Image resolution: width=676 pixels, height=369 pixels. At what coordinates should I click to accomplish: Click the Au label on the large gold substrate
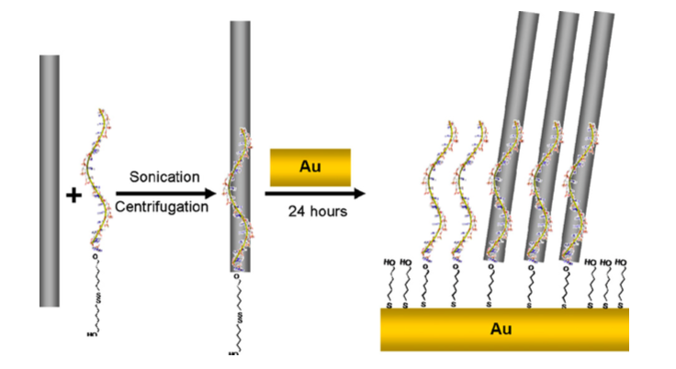(x=501, y=329)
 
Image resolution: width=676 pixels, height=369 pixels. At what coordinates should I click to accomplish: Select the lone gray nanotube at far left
(x=50, y=180)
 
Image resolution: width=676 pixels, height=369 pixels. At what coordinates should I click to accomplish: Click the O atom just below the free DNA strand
(x=96, y=258)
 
